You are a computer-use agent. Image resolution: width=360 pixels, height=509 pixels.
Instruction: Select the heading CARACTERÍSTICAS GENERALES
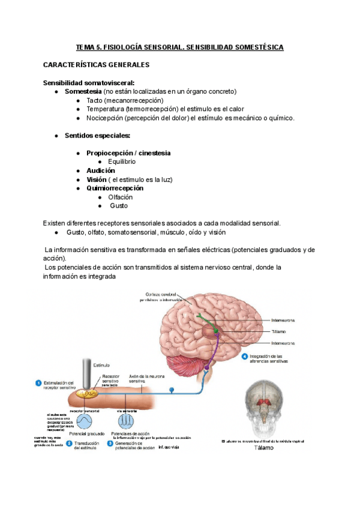[96, 64]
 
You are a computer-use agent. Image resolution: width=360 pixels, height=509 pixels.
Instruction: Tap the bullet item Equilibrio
[122, 161]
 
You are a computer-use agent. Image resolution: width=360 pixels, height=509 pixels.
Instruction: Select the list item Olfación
[120, 197]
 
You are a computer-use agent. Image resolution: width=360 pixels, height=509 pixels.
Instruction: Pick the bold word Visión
[96, 179]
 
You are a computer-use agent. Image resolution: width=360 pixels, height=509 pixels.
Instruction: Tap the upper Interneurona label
[282, 321]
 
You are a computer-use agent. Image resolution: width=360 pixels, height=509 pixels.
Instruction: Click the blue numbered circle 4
[245, 357]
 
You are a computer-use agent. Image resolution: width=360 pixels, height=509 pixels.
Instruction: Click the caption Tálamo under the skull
[263, 448]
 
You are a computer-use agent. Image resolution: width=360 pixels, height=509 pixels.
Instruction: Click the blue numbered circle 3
[110, 444]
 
